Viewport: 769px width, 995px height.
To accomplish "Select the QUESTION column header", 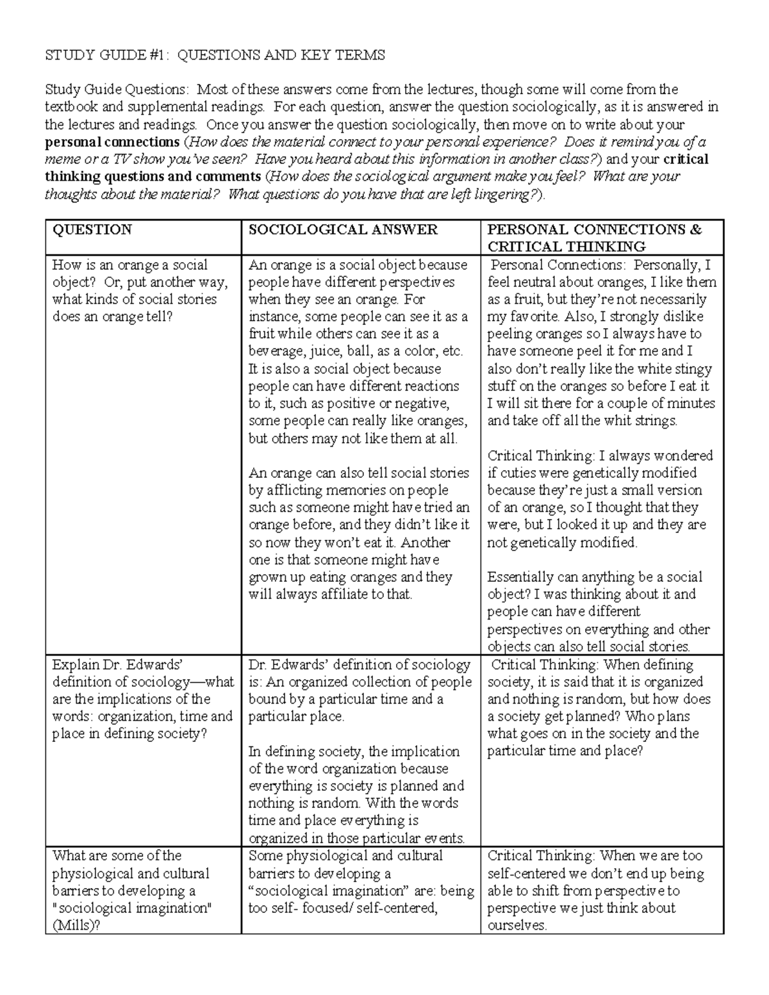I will (x=92, y=229).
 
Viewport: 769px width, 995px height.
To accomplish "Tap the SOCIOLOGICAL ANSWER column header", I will (x=343, y=229).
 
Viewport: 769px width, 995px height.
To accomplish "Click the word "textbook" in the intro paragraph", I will (x=72, y=107).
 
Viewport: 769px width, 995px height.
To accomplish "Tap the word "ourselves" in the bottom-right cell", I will (x=516, y=925).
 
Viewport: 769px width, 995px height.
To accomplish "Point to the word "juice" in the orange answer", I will (x=327, y=351).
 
